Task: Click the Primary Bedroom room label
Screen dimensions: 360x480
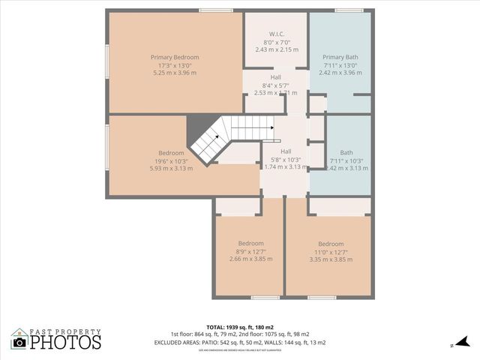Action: tap(174, 58)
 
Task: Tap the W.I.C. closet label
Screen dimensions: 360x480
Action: tap(276, 34)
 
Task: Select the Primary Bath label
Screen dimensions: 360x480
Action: tap(340, 58)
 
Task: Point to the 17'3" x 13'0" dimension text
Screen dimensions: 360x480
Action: tap(174, 65)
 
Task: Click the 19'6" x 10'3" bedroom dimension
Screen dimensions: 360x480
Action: tap(171, 160)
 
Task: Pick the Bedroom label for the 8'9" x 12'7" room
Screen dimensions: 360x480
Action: tap(250, 244)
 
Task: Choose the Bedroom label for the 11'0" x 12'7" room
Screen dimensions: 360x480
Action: tap(331, 244)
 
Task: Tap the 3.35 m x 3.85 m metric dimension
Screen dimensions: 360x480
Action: tap(331, 259)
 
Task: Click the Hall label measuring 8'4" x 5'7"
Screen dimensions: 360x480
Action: tap(276, 77)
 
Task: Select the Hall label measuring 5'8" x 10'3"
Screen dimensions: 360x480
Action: tap(275, 151)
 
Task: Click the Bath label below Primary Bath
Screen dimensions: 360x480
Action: tap(346, 152)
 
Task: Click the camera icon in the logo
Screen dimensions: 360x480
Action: tap(19, 343)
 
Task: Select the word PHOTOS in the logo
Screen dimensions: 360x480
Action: tap(66, 342)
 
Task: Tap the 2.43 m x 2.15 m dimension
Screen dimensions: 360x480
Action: tap(276, 49)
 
